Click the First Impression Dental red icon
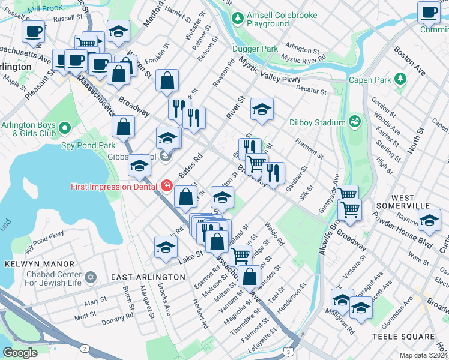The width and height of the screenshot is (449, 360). (x=164, y=186)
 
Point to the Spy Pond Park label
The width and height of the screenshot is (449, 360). (x=88, y=145)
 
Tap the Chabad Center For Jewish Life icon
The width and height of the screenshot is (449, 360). (x=91, y=277)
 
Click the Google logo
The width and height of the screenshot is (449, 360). (x=20, y=352)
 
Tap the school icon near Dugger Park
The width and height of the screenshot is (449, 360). (x=262, y=110)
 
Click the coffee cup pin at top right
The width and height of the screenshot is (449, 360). (x=429, y=13)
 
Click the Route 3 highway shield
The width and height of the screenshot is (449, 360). (x=290, y=352)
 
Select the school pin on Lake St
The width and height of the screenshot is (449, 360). (x=166, y=247)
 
